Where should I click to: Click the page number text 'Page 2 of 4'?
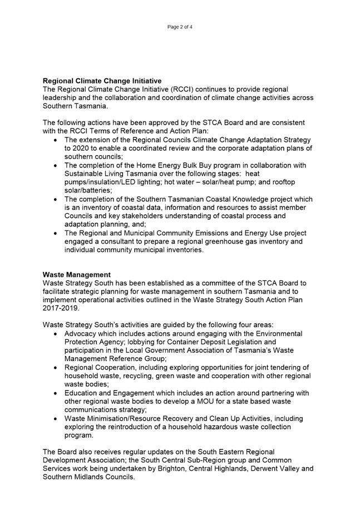click(x=180, y=27)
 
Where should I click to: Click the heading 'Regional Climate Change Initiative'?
click(x=102, y=81)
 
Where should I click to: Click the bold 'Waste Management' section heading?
click(x=76, y=275)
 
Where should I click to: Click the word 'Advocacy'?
click(x=81, y=334)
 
